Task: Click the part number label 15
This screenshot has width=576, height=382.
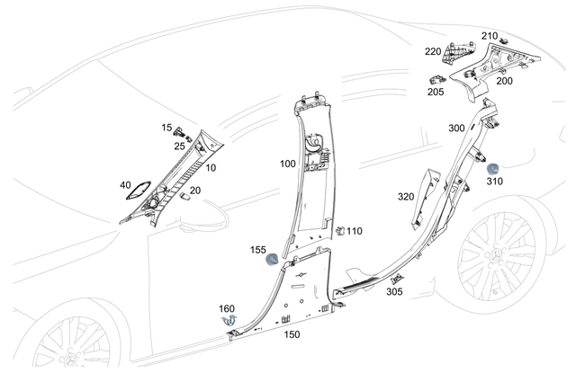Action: (166, 129)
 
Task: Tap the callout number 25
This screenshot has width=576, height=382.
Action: (180, 146)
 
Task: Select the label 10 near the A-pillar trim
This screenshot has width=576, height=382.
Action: (211, 168)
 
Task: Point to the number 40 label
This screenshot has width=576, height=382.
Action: (125, 185)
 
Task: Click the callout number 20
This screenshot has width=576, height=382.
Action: (194, 190)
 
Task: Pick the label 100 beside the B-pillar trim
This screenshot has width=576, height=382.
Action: (287, 164)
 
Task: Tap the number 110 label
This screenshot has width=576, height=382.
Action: (355, 231)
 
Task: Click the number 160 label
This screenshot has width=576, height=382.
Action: (227, 308)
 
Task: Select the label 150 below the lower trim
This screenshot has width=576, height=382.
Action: (292, 333)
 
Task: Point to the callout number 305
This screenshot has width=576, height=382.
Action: (394, 291)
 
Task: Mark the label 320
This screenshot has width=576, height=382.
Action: (406, 196)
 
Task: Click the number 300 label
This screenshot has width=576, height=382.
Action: (456, 129)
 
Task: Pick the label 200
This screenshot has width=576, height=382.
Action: (504, 81)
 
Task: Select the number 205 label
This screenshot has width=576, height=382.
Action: (436, 91)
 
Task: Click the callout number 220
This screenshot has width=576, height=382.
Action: (433, 51)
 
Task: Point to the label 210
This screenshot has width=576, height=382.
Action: (489, 36)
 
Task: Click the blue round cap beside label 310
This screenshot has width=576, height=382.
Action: (493, 168)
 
